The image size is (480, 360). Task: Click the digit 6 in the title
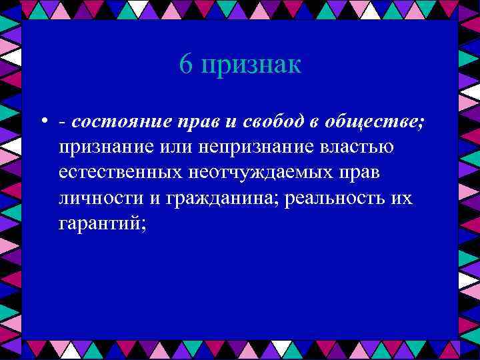(186, 65)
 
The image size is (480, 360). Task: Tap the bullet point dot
(42, 121)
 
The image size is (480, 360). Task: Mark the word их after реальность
(401, 199)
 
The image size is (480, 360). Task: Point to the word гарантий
(101, 225)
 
